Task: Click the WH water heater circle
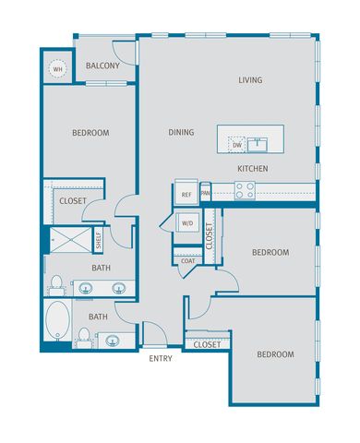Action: click(57, 69)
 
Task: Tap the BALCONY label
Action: click(102, 66)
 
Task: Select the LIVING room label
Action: click(250, 80)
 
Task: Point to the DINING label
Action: click(181, 132)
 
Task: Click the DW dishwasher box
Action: click(237, 145)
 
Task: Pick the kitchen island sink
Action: click(258, 145)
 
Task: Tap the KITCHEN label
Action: click(253, 169)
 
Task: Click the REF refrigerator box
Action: click(186, 192)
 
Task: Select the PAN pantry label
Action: click(205, 194)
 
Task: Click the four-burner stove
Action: click(245, 190)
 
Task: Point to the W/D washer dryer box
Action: click(187, 223)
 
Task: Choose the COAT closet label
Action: click(187, 261)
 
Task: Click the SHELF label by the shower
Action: click(99, 240)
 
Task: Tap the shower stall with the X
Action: click(71, 240)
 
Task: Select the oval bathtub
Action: click(57, 320)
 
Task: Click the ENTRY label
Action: click(161, 358)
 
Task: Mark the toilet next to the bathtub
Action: click(84, 337)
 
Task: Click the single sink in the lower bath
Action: click(113, 341)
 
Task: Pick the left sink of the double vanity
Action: click(86, 288)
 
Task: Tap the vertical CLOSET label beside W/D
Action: click(210, 236)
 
